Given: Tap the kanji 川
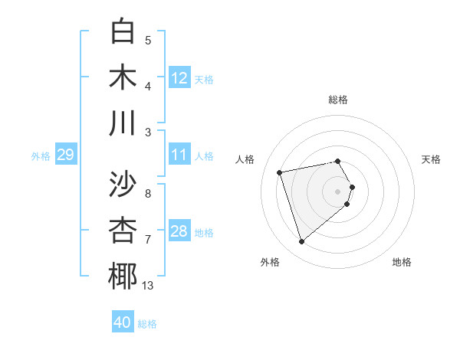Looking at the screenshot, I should coord(123,123).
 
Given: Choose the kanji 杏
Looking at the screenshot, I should coord(123,230).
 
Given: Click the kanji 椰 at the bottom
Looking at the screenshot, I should coord(123,277).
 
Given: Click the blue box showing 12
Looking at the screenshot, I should coord(179,77).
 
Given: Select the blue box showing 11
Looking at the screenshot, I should coord(179,155).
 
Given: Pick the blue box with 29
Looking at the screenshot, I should coord(65,155).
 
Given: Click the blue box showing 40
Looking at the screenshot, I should coord(123,322).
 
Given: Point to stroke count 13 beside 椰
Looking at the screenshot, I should coord(148,286).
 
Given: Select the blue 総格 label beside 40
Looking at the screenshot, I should coord(147,324).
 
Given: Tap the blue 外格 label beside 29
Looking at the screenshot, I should coord(41,156).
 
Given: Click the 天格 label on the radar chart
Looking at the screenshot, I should coord(432,159).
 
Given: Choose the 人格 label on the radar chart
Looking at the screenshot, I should coord(245,159).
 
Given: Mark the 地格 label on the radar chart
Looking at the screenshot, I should coord(402,263).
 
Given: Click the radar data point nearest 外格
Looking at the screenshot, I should coord(301,242).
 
